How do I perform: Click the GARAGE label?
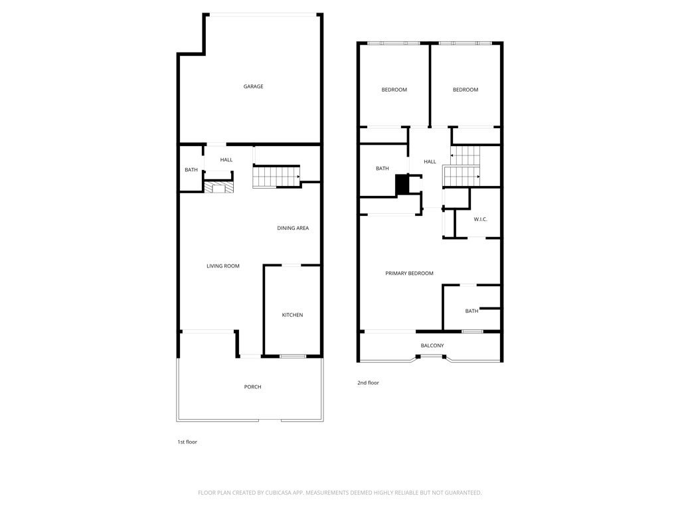pos(253,86)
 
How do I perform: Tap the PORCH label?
pos(252,387)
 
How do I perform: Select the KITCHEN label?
pos(292,315)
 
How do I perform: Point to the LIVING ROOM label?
pos(222,266)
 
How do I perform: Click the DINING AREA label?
pos(293,228)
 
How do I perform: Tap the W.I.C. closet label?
pos(481,219)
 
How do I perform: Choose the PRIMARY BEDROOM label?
pos(409,274)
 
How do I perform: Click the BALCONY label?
pos(432,345)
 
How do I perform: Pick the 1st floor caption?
pos(187,442)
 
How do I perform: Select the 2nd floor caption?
pos(368,383)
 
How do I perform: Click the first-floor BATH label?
pos(191,171)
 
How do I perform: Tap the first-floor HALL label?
pos(226,160)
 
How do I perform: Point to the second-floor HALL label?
pos(430,162)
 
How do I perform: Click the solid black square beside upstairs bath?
pos(402,185)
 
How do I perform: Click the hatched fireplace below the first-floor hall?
pos(218,188)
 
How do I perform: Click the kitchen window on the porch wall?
pos(292,357)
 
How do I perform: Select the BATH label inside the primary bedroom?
pos(471,311)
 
